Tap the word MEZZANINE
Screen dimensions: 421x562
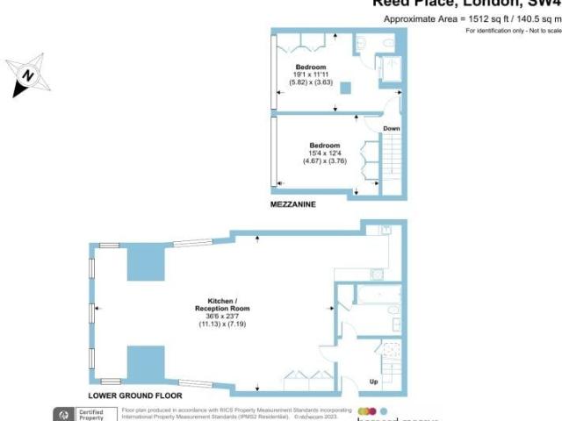[x=294, y=204]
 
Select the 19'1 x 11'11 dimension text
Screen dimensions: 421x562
[x=312, y=75]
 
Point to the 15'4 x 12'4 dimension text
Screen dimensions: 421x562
[x=325, y=153]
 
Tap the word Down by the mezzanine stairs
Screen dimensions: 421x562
[x=391, y=129]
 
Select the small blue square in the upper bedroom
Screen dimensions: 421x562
[x=346, y=87]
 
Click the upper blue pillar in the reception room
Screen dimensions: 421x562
[x=145, y=262]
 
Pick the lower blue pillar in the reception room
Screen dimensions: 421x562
[x=145, y=363]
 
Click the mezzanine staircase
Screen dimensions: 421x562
[x=393, y=162]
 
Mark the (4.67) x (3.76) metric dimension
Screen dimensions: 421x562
[x=325, y=161]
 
